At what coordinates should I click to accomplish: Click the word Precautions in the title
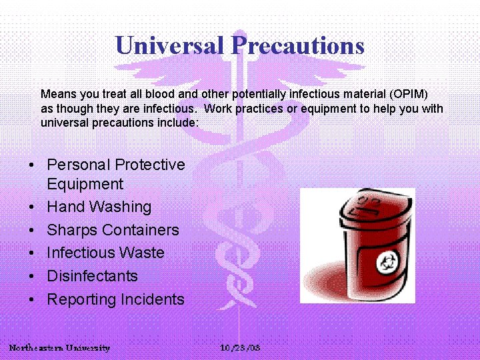point(297,45)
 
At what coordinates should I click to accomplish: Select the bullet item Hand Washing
point(99,207)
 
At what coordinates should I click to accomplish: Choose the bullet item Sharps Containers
point(113,230)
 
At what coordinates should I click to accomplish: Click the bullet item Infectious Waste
point(105,253)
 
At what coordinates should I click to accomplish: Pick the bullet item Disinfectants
point(92,276)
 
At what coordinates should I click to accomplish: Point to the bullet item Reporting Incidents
point(115,299)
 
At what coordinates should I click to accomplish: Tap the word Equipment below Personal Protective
point(85,184)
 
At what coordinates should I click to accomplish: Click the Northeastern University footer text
point(59,348)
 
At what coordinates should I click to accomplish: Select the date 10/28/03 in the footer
point(240,348)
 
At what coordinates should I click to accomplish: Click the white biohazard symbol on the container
point(386,262)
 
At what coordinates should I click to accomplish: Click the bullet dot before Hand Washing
point(31,208)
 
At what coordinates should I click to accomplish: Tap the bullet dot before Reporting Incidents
point(31,300)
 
